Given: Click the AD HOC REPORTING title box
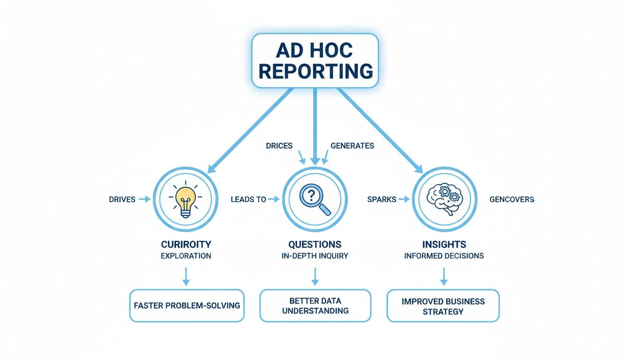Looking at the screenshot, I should [315, 60].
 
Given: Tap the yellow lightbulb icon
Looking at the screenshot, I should [186, 200].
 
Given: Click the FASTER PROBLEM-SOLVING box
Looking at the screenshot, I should [187, 306].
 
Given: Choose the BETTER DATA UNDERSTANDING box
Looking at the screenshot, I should [315, 306].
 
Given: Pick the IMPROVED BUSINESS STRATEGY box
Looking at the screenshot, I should [443, 306].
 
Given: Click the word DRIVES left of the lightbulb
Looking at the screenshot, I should [122, 200].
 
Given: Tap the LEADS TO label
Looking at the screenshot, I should [248, 200].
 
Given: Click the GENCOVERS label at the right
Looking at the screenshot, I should [511, 200].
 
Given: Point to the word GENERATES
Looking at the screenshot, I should [352, 146].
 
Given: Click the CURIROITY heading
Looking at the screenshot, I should [186, 245].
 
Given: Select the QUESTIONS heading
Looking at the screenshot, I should [315, 245].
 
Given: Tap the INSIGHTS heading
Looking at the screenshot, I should [443, 245].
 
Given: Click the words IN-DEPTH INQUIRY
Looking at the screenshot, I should [315, 256].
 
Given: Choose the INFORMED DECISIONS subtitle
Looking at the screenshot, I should [443, 256].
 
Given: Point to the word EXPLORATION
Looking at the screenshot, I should [186, 256].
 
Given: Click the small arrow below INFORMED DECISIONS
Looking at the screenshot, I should [443, 276].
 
